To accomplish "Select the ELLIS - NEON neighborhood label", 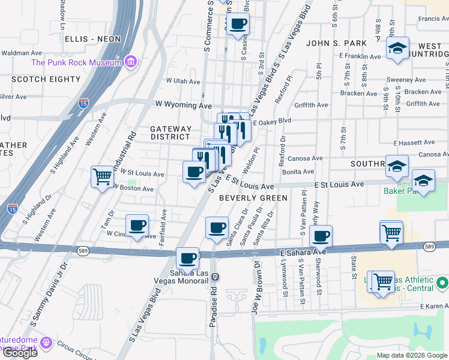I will (93, 39).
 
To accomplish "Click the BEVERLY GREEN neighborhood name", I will (253, 197).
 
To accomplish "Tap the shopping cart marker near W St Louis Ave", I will (102, 176).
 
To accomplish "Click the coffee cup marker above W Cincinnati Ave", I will (138, 225).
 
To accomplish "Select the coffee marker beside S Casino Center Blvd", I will (238, 24).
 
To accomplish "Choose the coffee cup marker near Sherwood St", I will (321, 236).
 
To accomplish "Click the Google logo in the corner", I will (20, 352).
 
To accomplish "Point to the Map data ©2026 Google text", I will (412, 355).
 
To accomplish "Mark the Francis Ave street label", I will (433, 19).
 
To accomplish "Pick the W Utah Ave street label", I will (183, 80).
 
